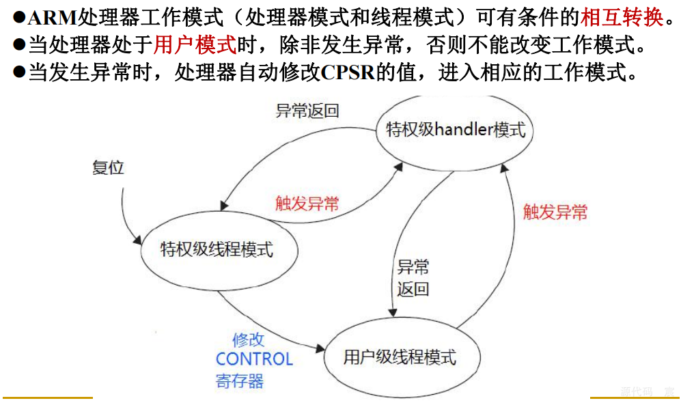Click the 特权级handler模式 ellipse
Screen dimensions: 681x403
coord(456,129)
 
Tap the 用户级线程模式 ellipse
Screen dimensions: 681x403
coord(400,357)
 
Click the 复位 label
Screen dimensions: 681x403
coord(109,167)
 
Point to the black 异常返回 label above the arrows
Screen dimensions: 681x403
coord(307,111)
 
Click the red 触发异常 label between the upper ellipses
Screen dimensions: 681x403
coord(307,203)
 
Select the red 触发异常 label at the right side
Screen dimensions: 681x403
coord(555,212)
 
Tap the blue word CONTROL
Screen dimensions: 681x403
coord(254,359)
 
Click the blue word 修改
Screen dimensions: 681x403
coord(248,339)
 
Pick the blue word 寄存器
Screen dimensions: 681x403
coord(240,380)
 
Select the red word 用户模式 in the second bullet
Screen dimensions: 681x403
coord(195,45)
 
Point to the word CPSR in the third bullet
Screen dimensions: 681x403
coord(347,72)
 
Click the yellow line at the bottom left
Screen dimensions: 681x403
coord(47,398)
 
